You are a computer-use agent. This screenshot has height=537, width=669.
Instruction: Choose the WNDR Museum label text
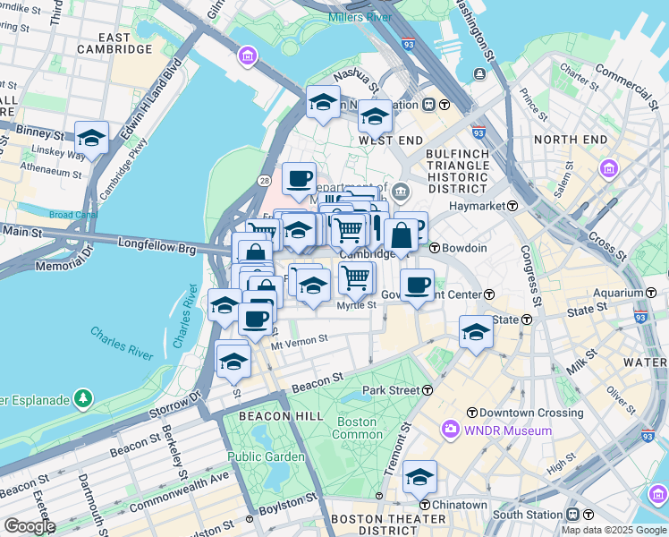508,430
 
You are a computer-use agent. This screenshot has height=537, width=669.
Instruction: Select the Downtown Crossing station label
531,413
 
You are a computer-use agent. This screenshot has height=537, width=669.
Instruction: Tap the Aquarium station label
618,293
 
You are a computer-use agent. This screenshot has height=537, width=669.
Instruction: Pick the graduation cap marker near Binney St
91,139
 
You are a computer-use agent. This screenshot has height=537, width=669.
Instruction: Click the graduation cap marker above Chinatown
419,478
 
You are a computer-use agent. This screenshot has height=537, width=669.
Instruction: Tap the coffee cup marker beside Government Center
417,286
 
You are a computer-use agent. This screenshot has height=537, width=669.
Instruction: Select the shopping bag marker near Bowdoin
402,236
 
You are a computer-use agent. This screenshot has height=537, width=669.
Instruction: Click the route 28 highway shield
264,181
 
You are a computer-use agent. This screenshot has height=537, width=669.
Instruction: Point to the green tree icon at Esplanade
83,396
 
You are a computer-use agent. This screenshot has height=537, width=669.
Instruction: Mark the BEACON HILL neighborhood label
274,416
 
